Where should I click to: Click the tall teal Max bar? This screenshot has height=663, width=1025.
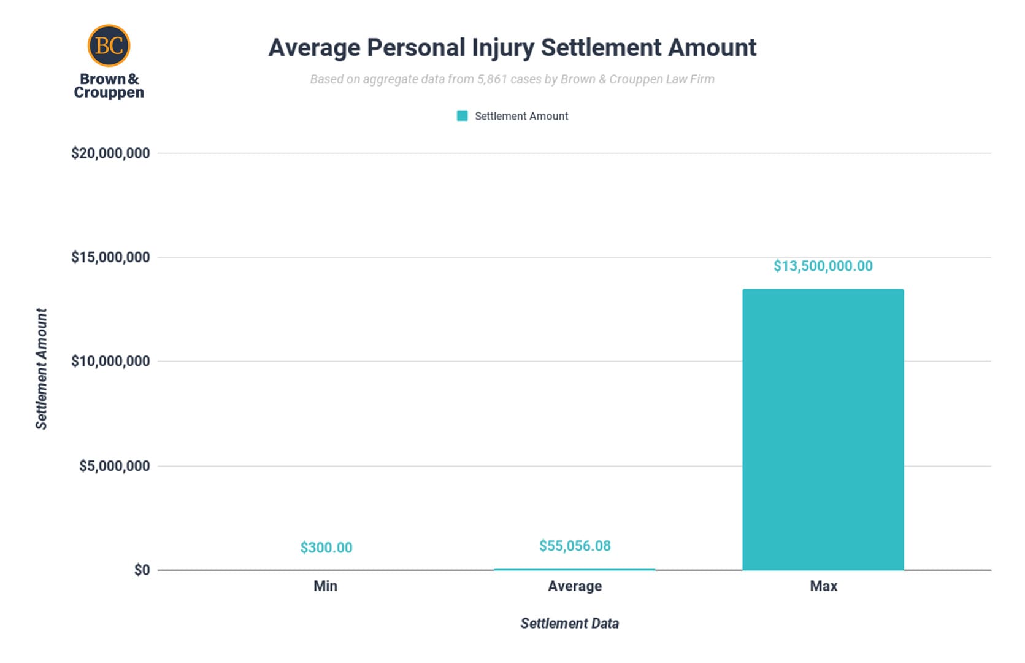click(823, 430)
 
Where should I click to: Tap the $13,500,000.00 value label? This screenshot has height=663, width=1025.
click(823, 266)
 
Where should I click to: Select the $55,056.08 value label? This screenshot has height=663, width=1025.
click(575, 546)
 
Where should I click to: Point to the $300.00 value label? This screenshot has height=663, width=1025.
click(326, 548)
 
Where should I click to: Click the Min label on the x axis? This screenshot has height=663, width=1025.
click(325, 586)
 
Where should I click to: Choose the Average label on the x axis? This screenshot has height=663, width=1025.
click(575, 586)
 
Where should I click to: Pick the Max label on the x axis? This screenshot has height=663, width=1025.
click(823, 586)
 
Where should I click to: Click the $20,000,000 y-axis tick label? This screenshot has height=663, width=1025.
click(110, 153)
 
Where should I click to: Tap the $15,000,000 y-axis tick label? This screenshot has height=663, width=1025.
click(110, 257)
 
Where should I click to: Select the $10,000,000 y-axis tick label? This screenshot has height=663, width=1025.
click(110, 362)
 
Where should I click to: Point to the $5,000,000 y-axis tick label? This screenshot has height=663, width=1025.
click(114, 466)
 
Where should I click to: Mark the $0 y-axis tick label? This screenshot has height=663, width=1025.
click(142, 570)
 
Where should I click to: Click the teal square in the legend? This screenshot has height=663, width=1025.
click(463, 116)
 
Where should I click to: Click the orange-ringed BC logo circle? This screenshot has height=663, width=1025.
click(109, 45)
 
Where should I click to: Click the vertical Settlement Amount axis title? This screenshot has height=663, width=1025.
click(41, 368)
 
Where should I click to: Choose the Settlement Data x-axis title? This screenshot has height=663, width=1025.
click(569, 624)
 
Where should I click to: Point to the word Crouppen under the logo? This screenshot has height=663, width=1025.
click(109, 93)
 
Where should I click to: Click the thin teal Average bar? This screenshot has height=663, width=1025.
click(575, 569)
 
